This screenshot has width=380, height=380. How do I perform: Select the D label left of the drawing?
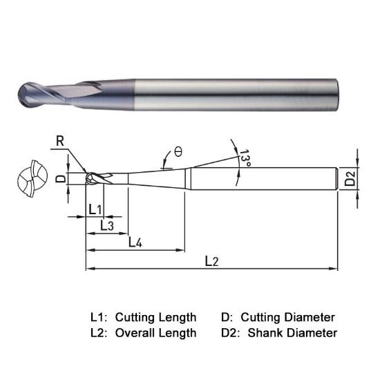pos(60,178)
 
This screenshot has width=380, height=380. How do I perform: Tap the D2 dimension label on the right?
pos(351,179)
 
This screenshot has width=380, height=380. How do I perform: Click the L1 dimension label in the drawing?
pos(95,209)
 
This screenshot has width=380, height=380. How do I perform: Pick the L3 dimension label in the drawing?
pos(107,225)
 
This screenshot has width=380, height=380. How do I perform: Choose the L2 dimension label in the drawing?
pos(212,260)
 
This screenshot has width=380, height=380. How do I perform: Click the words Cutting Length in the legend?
pos(155,317)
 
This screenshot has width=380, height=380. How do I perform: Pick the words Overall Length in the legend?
pos(155,333)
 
